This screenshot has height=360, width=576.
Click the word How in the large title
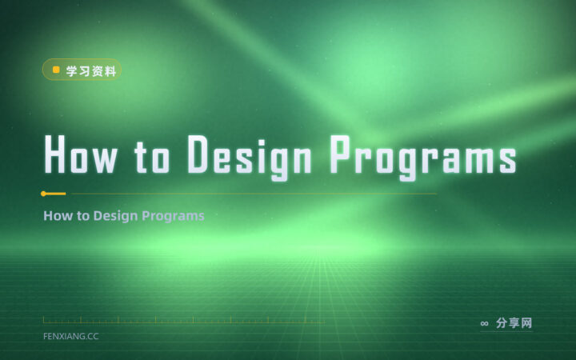click(81, 154)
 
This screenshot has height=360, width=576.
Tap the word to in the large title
click(152, 157)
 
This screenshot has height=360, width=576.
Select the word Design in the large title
click(250, 158)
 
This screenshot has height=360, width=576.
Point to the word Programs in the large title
click(423, 158)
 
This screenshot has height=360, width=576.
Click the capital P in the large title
click(340, 154)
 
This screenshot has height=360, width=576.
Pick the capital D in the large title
click(198, 154)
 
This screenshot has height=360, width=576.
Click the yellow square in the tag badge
click(56, 70)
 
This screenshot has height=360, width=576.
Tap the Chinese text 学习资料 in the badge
click(91, 71)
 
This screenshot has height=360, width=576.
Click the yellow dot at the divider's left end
click(43, 194)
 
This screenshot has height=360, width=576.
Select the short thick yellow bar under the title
click(54, 194)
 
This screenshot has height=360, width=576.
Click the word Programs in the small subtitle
click(173, 216)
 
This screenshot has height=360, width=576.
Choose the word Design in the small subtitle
click(116, 216)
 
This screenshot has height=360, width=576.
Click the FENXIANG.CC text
click(71, 336)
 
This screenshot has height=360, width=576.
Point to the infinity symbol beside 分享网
click(484, 323)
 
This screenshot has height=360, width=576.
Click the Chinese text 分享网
click(514, 323)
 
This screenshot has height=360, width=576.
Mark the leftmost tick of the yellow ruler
click(43, 319)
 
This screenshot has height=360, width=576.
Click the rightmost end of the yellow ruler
click(324, 322)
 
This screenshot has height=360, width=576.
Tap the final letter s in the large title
click(508, 160)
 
